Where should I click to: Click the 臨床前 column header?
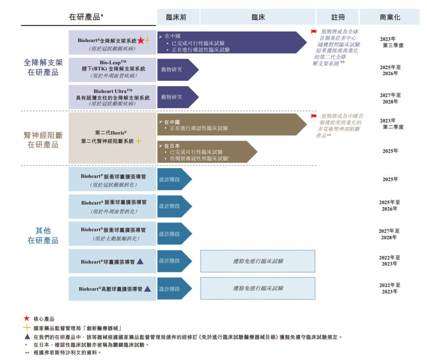[176, 17]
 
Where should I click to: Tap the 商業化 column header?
[390, 17]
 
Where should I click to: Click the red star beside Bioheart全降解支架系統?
[140, 40]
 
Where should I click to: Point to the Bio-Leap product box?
[112, 69]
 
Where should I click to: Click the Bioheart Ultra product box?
[112, 97]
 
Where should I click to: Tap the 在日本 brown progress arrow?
[206, 152]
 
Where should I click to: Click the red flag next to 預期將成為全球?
[313, 32]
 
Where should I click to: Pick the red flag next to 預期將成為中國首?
[313, 116]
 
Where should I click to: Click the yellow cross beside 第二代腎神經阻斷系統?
[138, 141]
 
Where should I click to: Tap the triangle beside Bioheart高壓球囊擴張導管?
[147, 289]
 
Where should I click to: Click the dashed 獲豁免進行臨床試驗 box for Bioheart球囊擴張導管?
[257, 261]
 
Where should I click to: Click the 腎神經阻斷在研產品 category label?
[43, 140]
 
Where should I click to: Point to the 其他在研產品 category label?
[43, 236]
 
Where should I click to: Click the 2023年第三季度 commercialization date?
[390, 42]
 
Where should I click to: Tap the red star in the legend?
[27, 319]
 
